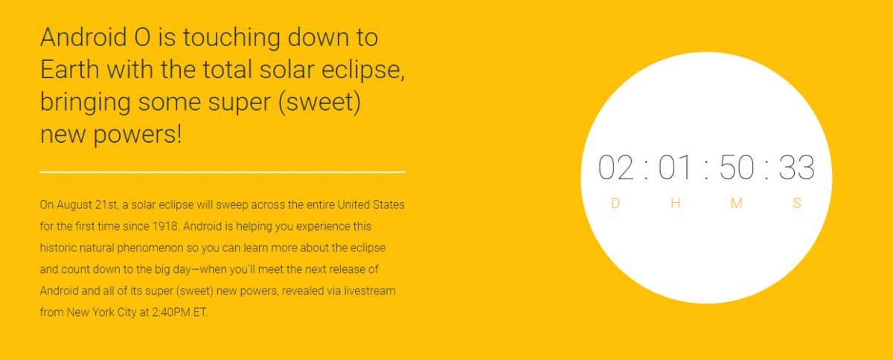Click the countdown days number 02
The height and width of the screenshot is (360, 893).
tap(616, 167)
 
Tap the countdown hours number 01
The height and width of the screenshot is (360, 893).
tap(675, 167)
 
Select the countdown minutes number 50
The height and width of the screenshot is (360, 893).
tap(737, 167)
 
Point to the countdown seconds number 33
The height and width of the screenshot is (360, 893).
tap(796, 167)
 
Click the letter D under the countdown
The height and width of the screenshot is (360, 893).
tap(615, 203)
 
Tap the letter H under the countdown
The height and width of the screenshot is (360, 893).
tap(676, 203)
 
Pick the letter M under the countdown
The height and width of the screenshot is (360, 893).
tap(736, 203)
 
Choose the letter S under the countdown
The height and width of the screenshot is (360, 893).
tap(797, 203)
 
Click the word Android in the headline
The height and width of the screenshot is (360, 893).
tap(83, 37)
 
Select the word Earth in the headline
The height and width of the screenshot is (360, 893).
tap(70, 69)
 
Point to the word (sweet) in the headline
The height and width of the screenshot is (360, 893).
tap(320, 103)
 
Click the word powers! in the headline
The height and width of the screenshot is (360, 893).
tap(138, 135)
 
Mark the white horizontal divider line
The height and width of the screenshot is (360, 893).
tap(222, 172)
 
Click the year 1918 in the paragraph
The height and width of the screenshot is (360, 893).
tap(165, 226)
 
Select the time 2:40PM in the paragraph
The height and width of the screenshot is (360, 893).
tap(171, 312)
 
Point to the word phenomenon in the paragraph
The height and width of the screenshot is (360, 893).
tap(150, 248)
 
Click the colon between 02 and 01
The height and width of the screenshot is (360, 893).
tap(646, 170)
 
